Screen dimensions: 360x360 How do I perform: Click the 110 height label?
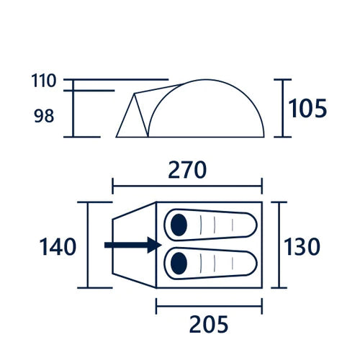pyautogui.click(x=44, y=81)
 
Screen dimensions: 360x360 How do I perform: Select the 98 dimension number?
pyautogui.click(x=44, y=116)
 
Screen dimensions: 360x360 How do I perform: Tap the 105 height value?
pyautogui.click(x=307, y=108)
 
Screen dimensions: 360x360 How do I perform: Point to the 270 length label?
pyautogui.click(x=187, y=170)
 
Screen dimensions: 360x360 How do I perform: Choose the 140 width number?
pyautogui.click(x=58, y=246)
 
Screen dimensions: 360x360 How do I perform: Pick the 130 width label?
pyautogui.click(x=302, y=246)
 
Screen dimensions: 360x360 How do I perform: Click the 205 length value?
pyautogui.click(x=209, y=324)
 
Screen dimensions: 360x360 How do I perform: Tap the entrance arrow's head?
pyautogui.click(x=154, y=245)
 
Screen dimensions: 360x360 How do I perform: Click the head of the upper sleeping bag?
pyautogui.click(x=179, y=225)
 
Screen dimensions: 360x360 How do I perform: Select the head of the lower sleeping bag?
pyautogui.click(x=179, y=264)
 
